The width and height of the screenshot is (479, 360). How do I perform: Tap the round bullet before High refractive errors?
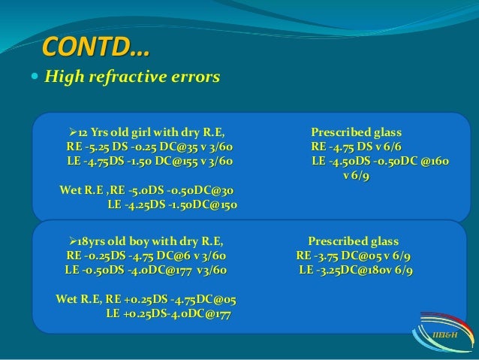[x=36, y=77]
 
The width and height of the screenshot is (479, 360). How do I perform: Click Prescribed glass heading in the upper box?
[x=357, y=132]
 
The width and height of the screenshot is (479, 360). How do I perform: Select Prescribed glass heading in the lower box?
[x=354, y=241]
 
